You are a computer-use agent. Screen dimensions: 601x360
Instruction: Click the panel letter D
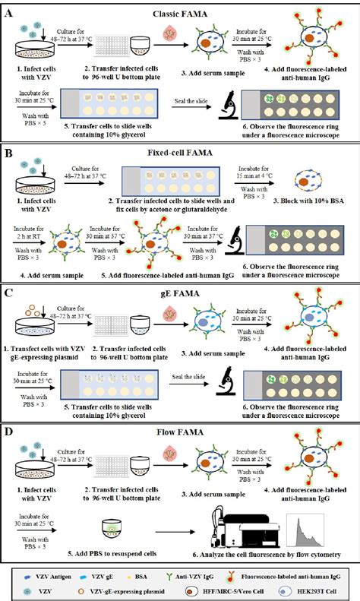point(8,436)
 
